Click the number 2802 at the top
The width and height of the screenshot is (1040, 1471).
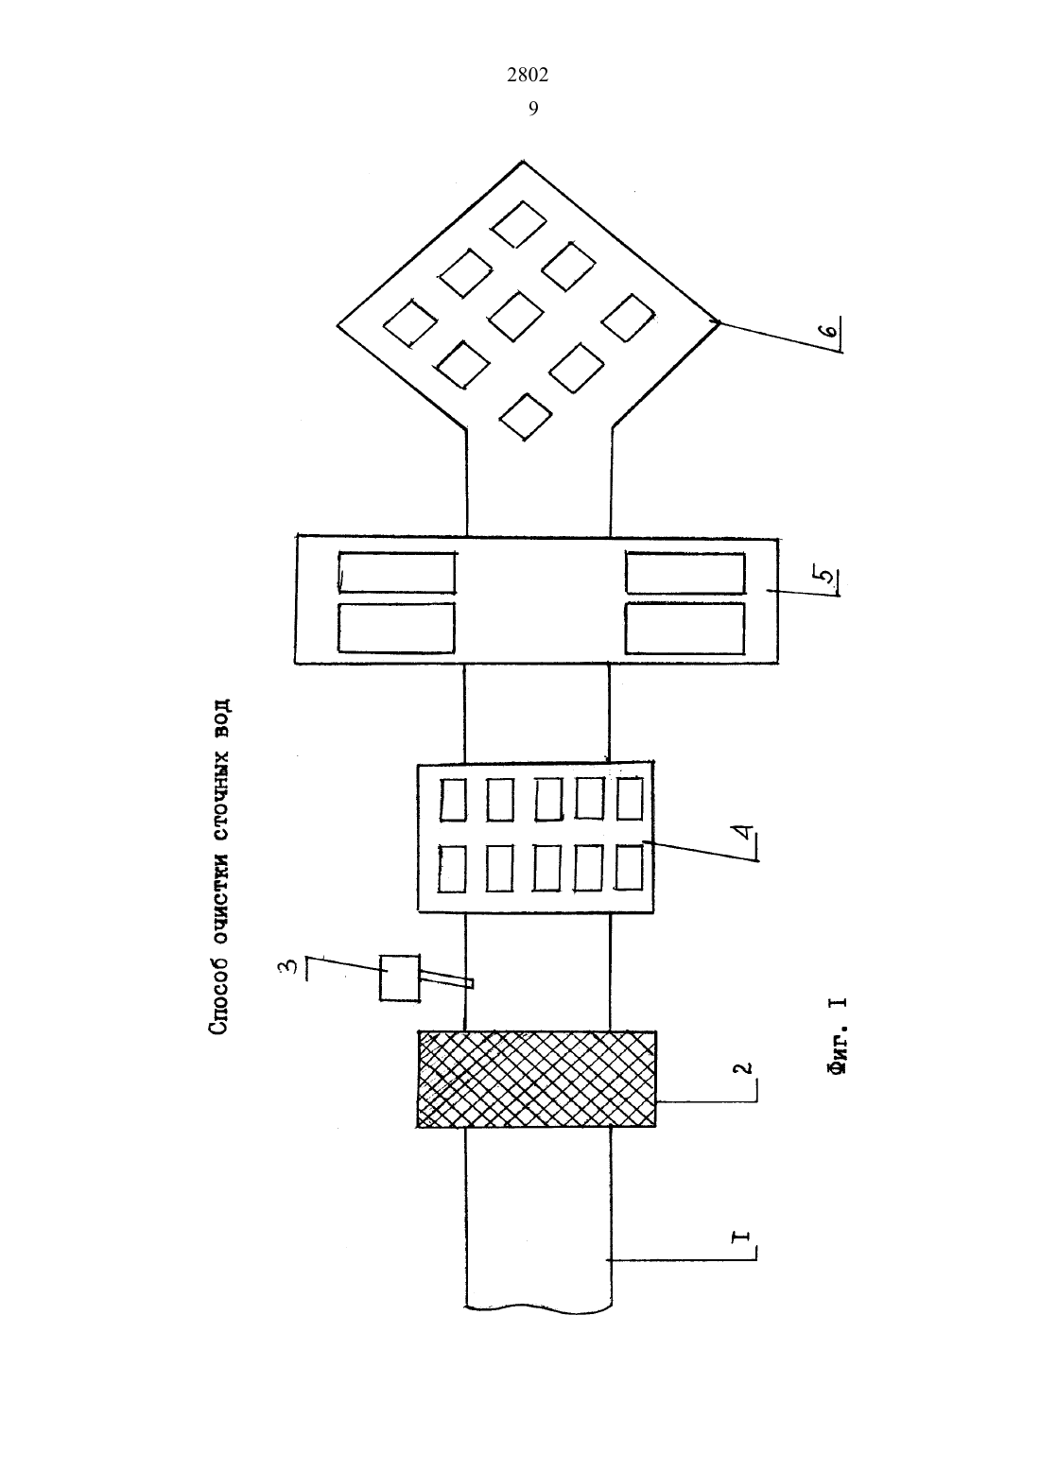pos(528,76)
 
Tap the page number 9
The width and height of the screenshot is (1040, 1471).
pos(533,109)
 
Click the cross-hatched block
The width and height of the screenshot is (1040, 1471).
pos(536,1079)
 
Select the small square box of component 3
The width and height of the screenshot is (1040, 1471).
pos(399,978)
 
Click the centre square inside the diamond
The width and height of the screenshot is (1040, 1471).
pos(516,317)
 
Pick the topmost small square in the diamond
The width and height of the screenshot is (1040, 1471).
pos(519,224)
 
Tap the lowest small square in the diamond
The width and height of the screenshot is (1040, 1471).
pos(525,416)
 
